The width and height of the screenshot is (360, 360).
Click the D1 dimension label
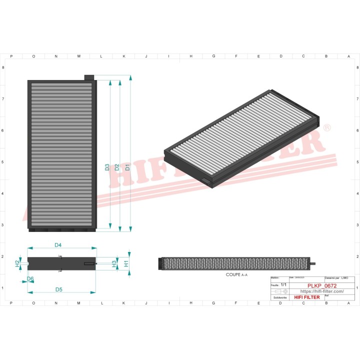tap(128, 167)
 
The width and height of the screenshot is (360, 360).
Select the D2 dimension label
tap(117, 167)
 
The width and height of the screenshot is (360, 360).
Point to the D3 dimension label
tap(107, 167)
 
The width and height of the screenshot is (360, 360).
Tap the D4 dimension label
tap(58, 245)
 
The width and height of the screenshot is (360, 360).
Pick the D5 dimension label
tap(59, 289)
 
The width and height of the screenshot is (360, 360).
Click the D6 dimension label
tap(30, 278)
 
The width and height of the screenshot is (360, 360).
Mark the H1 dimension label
tap(126, 262)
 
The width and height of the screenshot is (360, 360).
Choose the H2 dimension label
tap(17, 262)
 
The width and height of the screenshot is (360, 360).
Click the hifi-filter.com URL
tap(321, 291)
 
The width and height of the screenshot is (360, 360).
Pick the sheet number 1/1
tap(283, 284)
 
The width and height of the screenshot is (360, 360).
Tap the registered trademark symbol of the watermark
tap(327, 128)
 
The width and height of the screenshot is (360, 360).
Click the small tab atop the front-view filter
tap(89, 77)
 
